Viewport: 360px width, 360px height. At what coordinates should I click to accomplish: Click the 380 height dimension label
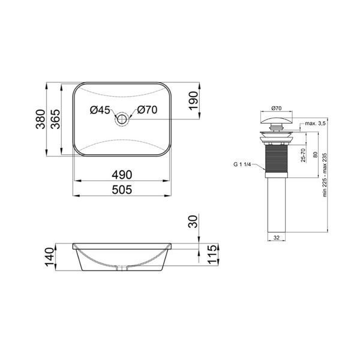click(41, 119)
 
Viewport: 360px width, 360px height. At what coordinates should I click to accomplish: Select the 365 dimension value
click(55, 119)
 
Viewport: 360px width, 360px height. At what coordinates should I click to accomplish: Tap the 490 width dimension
click(122, 175)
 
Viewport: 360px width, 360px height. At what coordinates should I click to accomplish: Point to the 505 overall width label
click(122, 190)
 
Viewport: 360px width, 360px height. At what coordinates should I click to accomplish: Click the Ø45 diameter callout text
click(100, 110)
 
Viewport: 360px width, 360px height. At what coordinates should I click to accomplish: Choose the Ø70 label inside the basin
click(147, 110)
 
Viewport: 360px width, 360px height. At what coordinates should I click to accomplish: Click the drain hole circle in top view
click(122, 119)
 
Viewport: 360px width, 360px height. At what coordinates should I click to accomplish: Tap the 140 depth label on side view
click(50, 257)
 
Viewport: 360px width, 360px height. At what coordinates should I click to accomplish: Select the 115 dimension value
click(212, 254)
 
